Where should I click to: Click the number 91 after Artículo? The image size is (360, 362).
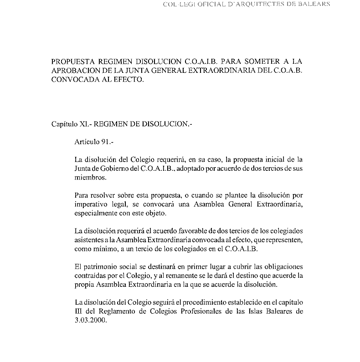[107, 141]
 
